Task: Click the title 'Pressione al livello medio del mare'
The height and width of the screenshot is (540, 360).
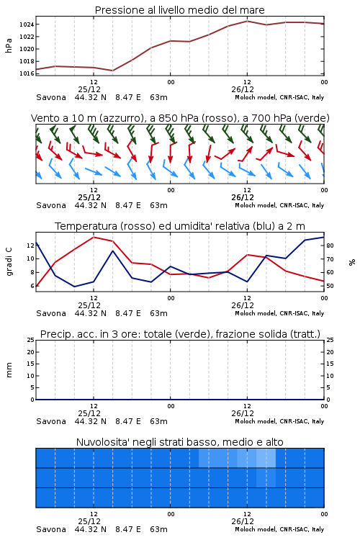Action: point(179,10)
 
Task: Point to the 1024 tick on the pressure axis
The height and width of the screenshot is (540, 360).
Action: point(27,24)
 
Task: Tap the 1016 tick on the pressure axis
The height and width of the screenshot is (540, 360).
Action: point(27,73)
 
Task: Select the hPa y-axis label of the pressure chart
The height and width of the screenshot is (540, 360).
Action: point(9,45)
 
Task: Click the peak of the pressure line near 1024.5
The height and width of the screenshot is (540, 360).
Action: point(247,21)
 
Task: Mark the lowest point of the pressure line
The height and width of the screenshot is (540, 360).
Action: point(112,71)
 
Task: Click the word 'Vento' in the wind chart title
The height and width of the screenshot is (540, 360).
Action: point(42,118)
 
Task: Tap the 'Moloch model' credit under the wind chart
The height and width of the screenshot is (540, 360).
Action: point(255,205)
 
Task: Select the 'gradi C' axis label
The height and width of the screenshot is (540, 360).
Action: point(9,261)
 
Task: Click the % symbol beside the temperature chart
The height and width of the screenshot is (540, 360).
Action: point(352,262)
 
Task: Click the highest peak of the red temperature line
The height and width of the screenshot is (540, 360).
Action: point(94,237)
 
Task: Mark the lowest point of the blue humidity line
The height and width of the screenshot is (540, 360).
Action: point(74,287)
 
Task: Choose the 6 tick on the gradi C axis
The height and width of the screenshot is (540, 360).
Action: point(32,286)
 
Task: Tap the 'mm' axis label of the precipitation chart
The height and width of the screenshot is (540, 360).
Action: point(9,369)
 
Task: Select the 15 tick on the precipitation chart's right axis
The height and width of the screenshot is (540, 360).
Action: point(330,364)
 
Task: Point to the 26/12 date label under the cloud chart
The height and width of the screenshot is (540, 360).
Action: point(243,521)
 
